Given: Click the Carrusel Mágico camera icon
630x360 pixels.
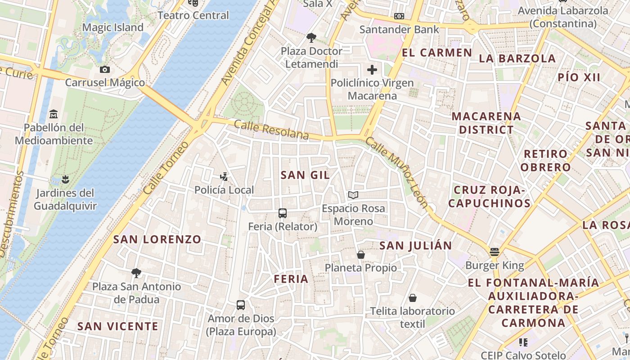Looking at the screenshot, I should [105, 69].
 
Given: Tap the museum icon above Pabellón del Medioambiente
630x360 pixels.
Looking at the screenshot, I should [54, 113].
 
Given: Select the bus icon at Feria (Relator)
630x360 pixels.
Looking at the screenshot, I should [283, 213].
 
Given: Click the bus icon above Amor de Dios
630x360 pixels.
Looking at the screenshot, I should [241, 305].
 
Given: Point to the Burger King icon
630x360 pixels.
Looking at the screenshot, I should [495, 252].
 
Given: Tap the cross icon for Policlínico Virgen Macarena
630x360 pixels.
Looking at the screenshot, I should [372, 70].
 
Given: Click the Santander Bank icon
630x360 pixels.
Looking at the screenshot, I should [399, 16].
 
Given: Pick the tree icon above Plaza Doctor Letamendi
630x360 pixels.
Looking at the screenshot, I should [311, 37].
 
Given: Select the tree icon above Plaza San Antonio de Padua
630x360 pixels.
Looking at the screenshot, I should [136, 273].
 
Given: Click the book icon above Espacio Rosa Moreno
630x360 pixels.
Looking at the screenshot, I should [353, 195].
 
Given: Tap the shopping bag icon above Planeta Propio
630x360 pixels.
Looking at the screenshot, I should [360, 255].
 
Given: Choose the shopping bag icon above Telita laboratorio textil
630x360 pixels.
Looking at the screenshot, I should [412, 298].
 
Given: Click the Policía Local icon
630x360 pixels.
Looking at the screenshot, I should [224, 176].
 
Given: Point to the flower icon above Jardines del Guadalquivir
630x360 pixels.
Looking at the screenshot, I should [65, 180].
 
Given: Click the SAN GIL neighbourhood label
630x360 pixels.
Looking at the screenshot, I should [305, 175].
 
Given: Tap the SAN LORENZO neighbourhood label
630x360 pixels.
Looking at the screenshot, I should [157, 239].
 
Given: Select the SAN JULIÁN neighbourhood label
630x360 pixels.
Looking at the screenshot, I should [415, 245].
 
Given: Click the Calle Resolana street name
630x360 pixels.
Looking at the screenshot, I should [271, 130].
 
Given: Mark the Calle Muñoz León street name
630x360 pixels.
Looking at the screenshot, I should [396, 172].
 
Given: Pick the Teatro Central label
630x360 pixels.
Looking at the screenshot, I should [193, 15].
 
